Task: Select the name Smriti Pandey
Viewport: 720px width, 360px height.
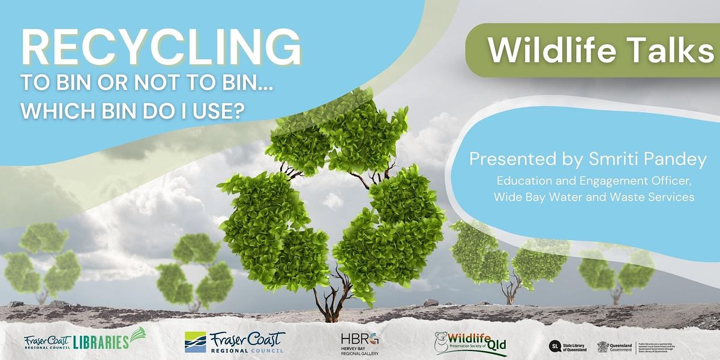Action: pos(622,160)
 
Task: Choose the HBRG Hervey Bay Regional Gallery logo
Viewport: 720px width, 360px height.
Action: pos(359,344)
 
